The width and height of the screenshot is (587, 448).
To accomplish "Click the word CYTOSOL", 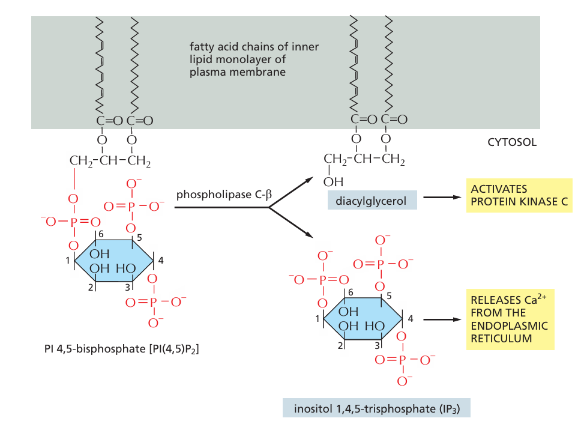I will coord(512,143).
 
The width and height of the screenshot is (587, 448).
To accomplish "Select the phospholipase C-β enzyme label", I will coord(224,195).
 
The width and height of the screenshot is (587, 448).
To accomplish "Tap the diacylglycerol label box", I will coord(372,201).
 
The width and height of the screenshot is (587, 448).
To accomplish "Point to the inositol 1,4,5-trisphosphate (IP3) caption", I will coord(376,409).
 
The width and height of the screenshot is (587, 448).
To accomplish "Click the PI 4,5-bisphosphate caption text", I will coord(122,348).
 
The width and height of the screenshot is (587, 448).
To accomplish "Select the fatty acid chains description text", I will coord(254,59).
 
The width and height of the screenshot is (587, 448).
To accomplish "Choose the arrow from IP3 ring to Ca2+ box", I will coord(441,319).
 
